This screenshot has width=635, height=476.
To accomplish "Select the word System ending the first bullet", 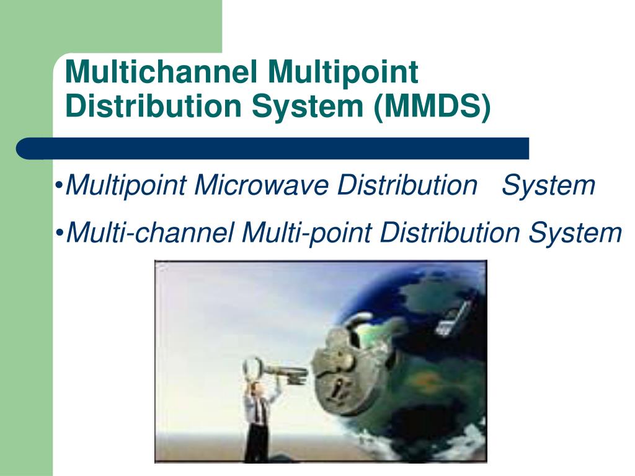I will [548, 185].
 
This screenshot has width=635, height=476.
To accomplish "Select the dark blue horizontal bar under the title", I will [273, 149].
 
